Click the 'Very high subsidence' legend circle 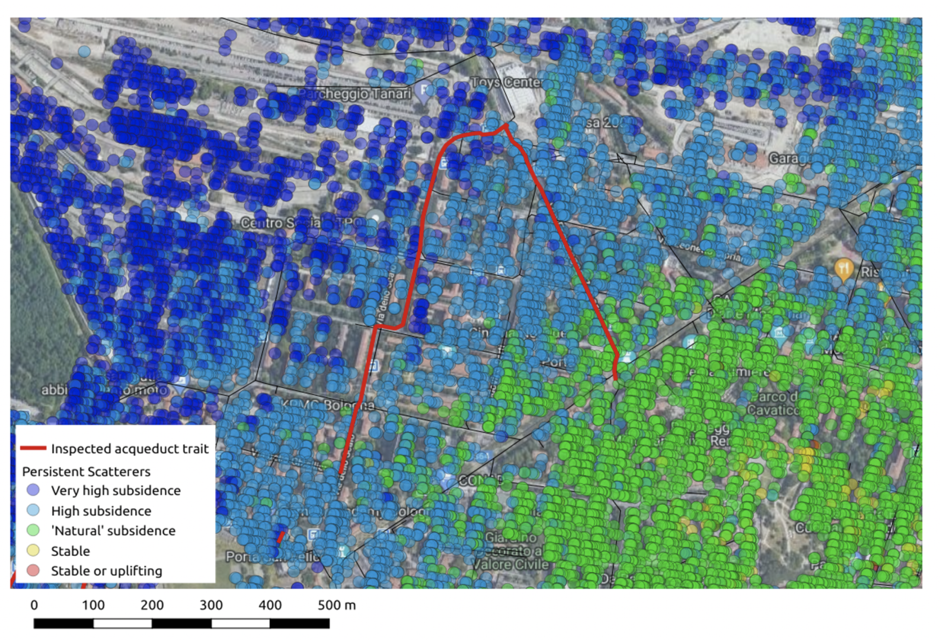(x=33, y=490)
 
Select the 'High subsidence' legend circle (x=33, y=511)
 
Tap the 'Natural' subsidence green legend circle (x=33, y=531)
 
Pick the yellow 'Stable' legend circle (x=33, y=551)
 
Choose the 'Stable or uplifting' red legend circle (x=33, y=571)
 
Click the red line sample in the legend (x=33, y=448)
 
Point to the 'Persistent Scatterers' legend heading (x=86, y=471)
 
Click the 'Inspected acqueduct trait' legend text (x=129, y=449)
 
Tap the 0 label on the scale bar (x=34, y=605)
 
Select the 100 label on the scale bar (x=93, y=605)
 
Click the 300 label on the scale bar (x=211, y=605)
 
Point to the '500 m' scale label (x=336, y=605)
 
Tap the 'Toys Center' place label (x=506, y=82)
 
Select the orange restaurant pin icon (x=844, y=269)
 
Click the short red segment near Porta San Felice (x=281, y=537)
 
